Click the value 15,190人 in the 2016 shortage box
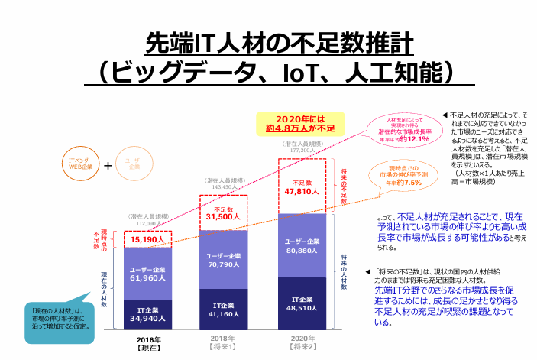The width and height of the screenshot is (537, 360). [148, 238]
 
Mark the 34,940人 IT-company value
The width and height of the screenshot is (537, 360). [148, 316]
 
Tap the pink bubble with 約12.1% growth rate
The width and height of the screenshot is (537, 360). [403, 130]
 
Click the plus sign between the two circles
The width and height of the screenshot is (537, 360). [108, 164]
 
